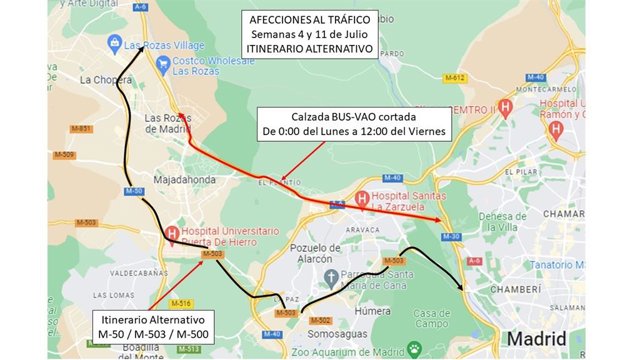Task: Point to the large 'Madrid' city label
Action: [x=541, y=340]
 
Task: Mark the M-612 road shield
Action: [x=455, y=78]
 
